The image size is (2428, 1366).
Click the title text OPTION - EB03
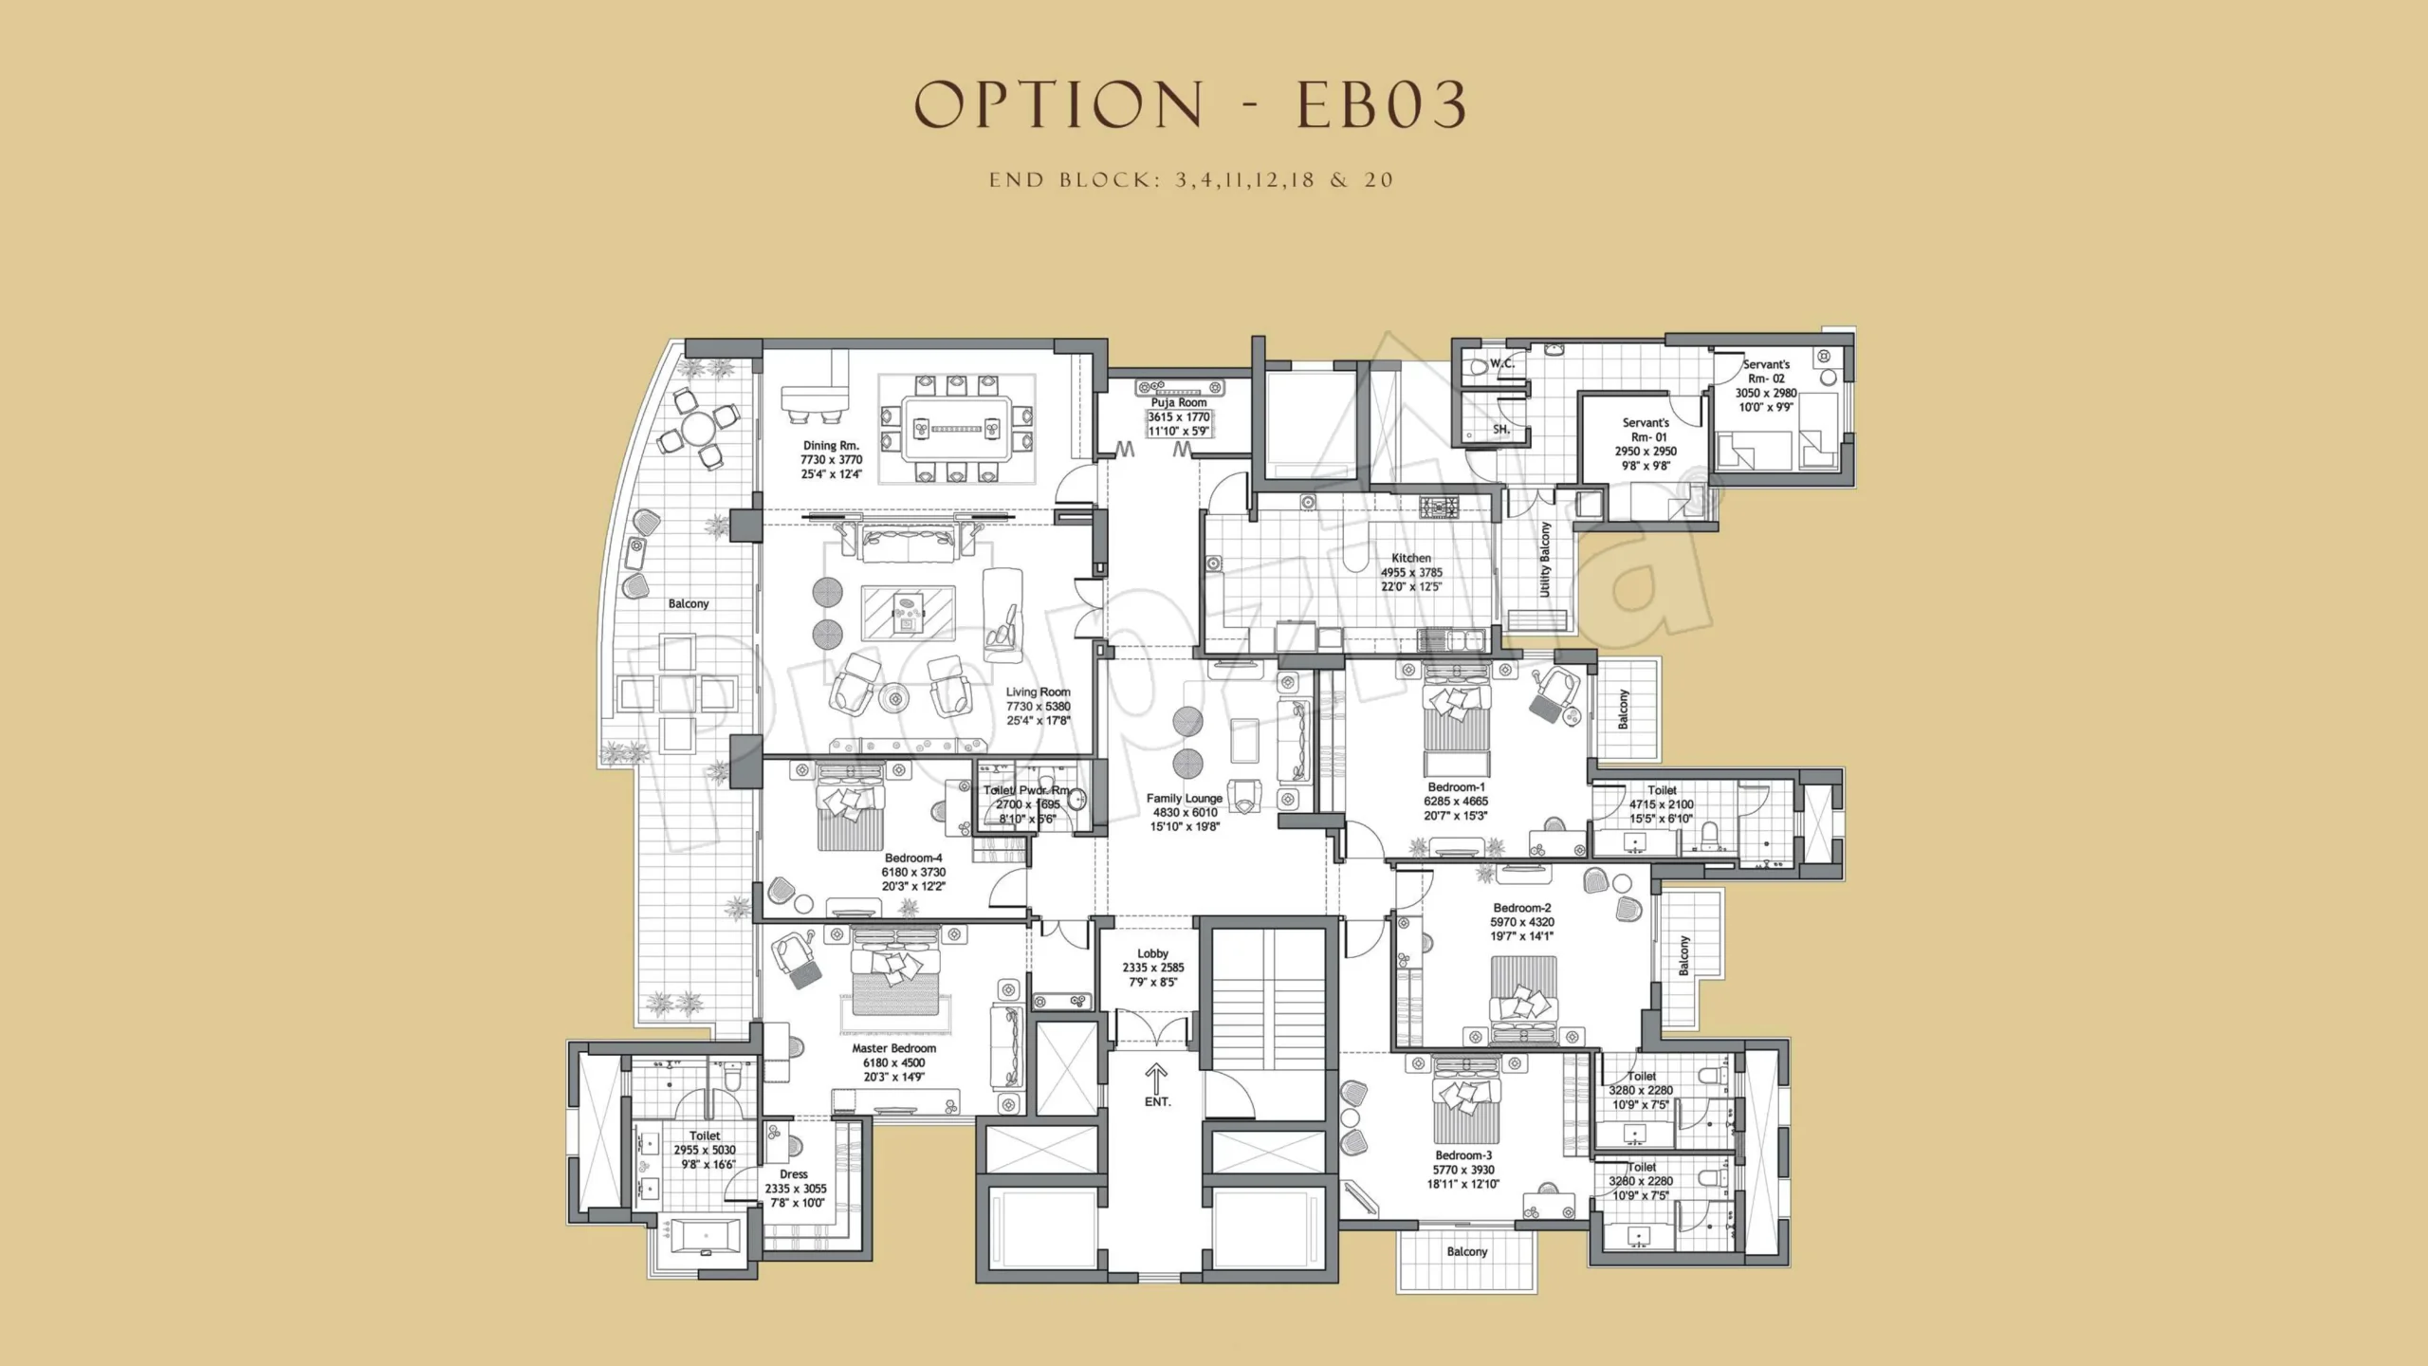click(x=1191, y=104)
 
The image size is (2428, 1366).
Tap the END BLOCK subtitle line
click(x=1191, y=180)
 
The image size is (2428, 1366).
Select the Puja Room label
click(x=1179, y=402)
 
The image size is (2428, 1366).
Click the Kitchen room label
click(x=1411, y=558)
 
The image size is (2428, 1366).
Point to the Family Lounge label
click(x=1185, y=798)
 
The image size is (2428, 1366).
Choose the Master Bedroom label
click(x=893, y=1048)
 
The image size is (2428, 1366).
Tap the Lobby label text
click(x=1153, y=953)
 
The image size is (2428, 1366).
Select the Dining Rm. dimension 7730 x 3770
click(x=831, y=459)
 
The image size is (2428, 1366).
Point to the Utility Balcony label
click(x=1545, y=559)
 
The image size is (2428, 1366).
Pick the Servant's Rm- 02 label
click(x=1766, y=371)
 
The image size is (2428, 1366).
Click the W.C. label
click(x=1501, y=363)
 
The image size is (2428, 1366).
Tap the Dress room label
click(x=794, y=1174)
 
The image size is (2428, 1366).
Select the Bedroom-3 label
click(x=1463, y=1155)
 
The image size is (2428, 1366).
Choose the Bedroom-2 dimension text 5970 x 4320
click(x=1522, y=922)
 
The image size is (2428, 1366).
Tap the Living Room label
click(x=1039, y=692)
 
